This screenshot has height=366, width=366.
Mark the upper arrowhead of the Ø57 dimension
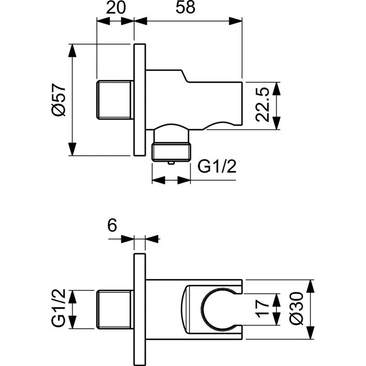point(72,50)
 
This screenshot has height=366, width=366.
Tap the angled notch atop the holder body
point(184,75)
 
